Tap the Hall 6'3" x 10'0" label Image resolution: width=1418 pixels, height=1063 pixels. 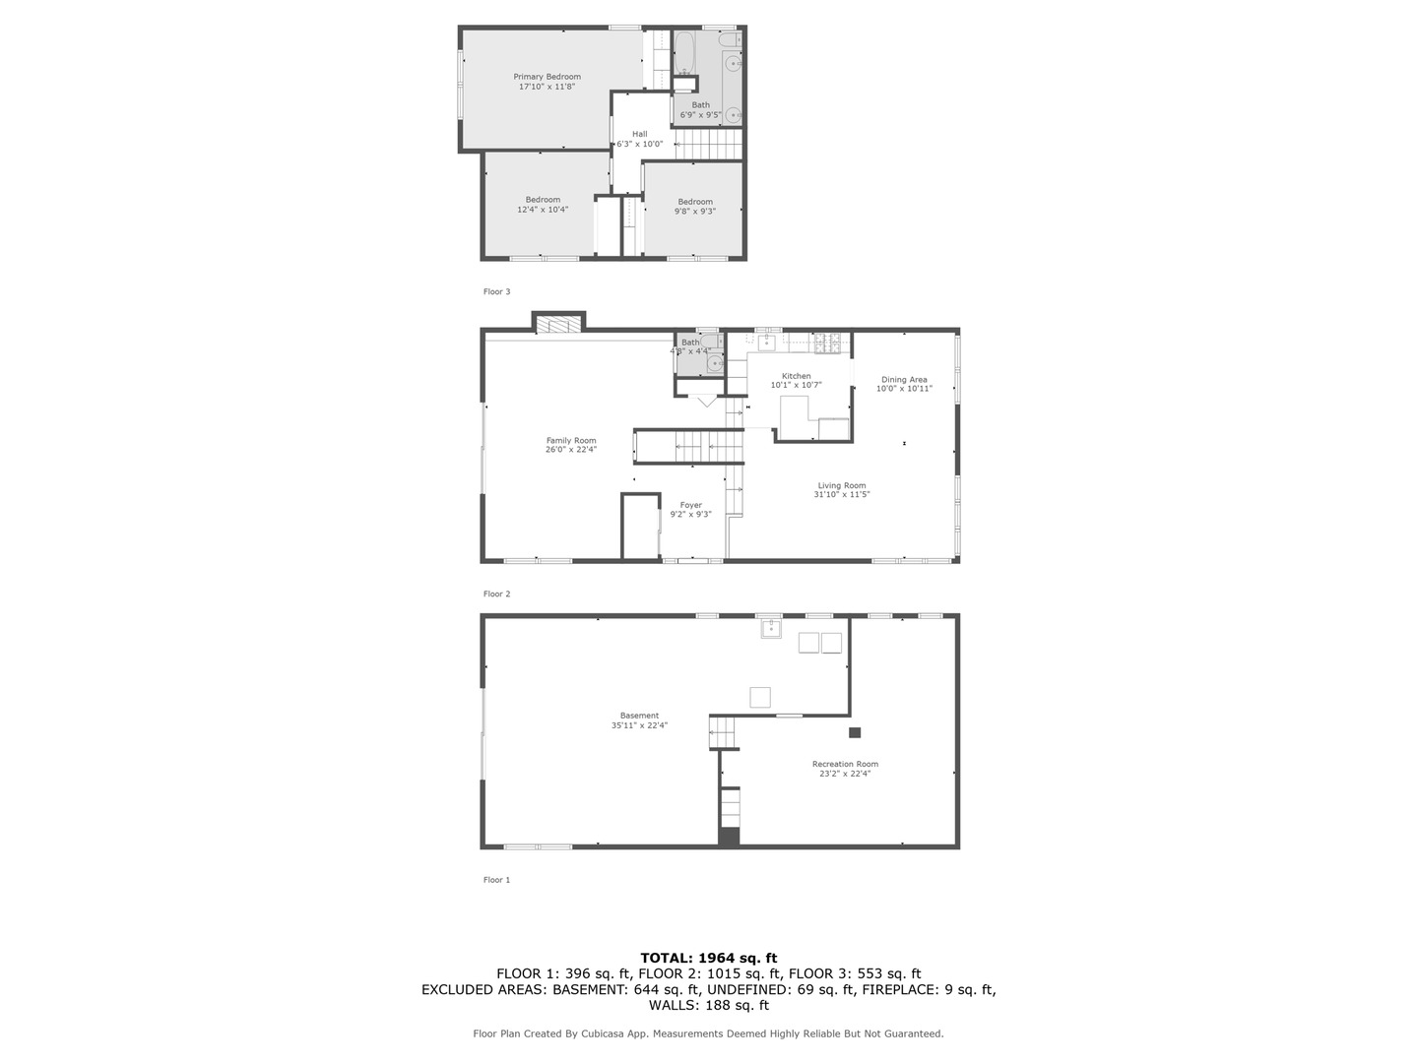pyautogui.click(x=639, y=139)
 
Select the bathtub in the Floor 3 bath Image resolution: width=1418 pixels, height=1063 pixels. pyautogui.click(x=683, y=52)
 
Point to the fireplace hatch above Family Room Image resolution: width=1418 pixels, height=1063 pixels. pyautogui.click(x=558, y=325)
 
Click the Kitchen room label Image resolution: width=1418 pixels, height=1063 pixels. pyautogui.click(x=796, y=376)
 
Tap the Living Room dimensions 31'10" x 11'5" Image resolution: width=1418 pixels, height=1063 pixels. pyautogui.click(x=841, y=494)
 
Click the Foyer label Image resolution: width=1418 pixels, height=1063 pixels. pyautogui.click(x=690, y=505)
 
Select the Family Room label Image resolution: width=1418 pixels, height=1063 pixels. pyautogui.click(x=571, y=441)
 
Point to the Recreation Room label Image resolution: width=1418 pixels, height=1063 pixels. pyautogui.click(x=845, y=764)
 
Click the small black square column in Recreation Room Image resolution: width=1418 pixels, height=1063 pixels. pyautogui.click(x=854, y=732)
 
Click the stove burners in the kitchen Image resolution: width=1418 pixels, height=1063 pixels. pyautogui.click(x=827, y=344)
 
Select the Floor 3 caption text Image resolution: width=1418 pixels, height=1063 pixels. pyautogui.click(x=496, y=291)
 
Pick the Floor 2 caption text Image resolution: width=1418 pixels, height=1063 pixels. pyautogui.click(x=496, y=594)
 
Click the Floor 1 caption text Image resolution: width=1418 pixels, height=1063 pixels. pyautogui.click(x=496, y=880)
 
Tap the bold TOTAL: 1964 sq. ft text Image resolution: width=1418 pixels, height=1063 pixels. pyautogui.click(x=709, y=959)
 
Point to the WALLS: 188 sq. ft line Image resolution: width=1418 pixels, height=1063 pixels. pyautogui.click(x=709, y=1005)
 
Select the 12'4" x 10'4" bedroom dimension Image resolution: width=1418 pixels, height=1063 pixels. pyautogui.click(x=543, y=210)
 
